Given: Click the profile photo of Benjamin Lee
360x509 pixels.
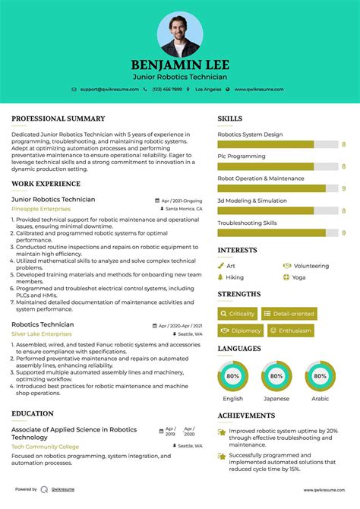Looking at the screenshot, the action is pos(180,34).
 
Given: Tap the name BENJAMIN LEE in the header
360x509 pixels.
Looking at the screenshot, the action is pos(180,65).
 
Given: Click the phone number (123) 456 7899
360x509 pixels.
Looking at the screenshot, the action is pos(166,90).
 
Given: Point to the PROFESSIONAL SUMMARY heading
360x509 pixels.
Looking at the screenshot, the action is pos(58,119).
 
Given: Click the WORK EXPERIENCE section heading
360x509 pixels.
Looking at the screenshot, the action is pos(47,184).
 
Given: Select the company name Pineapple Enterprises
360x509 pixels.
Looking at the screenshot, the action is pos(41,208).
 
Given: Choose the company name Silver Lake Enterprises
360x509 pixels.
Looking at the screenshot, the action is pos(42,334).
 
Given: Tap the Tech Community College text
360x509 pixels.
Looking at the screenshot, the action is pos(45,447).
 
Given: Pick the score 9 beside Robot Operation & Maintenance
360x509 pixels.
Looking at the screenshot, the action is pos(343,188).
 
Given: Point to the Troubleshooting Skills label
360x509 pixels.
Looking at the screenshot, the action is pos(247,223).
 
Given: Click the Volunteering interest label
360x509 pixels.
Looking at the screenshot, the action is pos(311,266).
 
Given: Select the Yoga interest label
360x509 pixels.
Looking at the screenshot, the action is pos(300,277).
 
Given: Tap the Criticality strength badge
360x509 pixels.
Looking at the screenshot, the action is pos(238,313).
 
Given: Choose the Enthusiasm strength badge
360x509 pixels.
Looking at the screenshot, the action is pos(289,330).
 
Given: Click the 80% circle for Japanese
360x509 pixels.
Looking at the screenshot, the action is pos(276,376).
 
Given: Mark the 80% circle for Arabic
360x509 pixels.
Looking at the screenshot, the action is pos(321,376).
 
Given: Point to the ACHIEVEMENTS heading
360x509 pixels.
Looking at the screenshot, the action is pos(246,416).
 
